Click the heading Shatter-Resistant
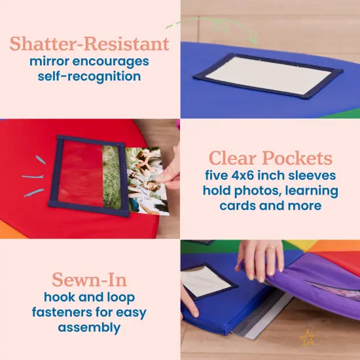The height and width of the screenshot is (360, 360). [x=89, y=45]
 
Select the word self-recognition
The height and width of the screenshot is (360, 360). [x=89, y=77]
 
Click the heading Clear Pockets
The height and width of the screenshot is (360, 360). [x=270, y=158]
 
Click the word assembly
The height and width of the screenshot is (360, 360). [x=88, y=326]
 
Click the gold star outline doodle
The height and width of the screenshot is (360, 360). [x=306, y=338]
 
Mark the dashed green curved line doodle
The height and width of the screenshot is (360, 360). [x=196, y=24]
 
